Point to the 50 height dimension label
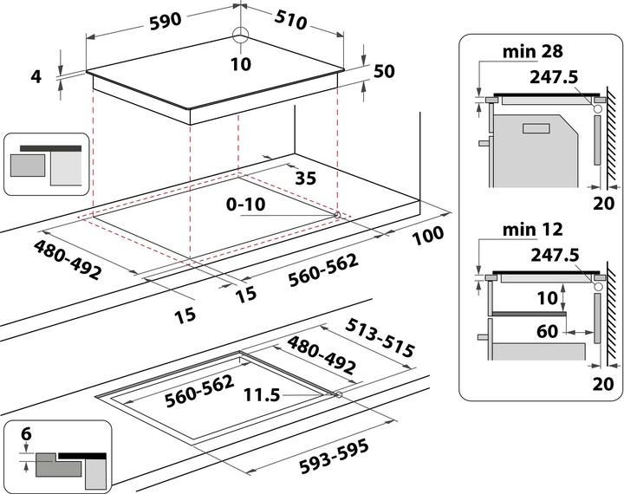pos(383,71)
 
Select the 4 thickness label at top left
pos(36,76)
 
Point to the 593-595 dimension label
pos(334,458)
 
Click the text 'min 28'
pos(528,51)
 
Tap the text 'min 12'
pos(528,230)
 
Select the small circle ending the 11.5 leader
pos(337,395)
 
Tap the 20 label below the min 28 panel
pos(604,204)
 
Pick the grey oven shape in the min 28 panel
pos(537,153)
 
